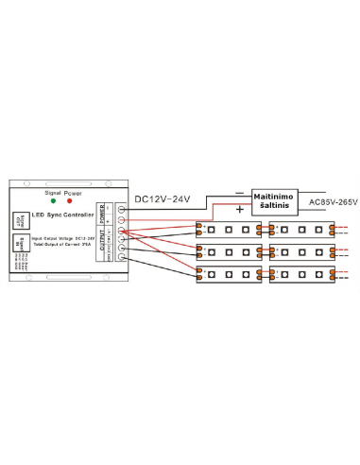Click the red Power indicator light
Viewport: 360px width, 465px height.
coord(68,200)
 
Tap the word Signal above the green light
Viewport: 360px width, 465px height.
coord(53,192)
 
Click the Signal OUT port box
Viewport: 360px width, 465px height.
coord(21,220)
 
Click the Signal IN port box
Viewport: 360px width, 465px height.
coord(21,243)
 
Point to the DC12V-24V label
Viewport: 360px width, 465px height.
coord(162,198)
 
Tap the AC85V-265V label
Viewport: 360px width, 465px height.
coord(321,200)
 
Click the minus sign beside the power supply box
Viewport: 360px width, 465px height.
coord(243,191)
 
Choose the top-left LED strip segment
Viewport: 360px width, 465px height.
coord(230,230)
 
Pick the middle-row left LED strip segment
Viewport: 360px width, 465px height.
coord(230,252)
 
